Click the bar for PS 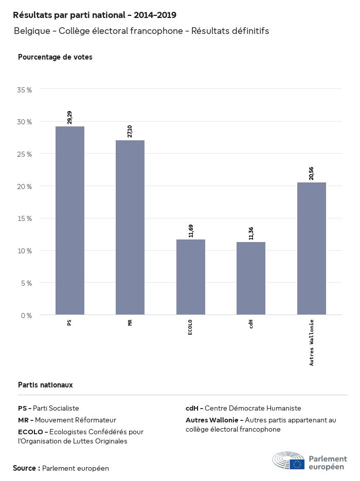pos(70,220)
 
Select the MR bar pos(130,227)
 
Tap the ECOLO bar pos(191,277)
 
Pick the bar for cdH pos(251,278)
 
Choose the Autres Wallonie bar pos(312,248)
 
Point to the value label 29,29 pos(70,117)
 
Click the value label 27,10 pos(130,131)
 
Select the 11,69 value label pos(191,230)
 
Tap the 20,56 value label pos(312,173)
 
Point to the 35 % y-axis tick pos(25,89)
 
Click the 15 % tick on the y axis pos(25,218)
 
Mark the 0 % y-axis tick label pos(26,315)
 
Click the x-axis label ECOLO pos(191,327)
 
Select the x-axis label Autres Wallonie pos(312,342)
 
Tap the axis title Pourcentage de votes pos(55,57)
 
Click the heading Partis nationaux pos(45,384)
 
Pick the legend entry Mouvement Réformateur pos(67,420)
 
